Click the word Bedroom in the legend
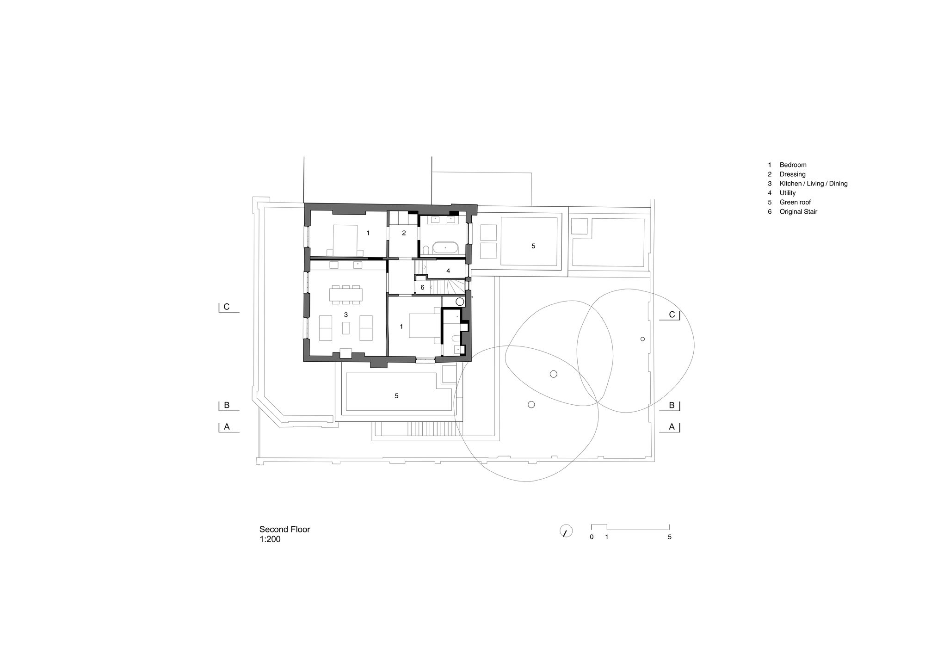click(793, 165)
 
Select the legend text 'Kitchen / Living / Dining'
click(814, 184)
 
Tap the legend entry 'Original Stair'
click(798, 212)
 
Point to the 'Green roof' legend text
click(795, 202)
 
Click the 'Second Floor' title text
click(284, 530)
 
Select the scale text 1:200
click(270, 539)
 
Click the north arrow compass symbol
click(565, 531)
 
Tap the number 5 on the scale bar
click(669, 537)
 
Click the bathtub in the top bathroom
click(445, 248)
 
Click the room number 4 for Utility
click(448, 271)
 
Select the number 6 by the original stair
click(422, 287)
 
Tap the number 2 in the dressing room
click(404, 233)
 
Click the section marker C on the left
click(227, 307)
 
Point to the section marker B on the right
click(672, 406)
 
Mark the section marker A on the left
click(227, 427)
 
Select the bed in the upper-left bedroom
click(345, 240)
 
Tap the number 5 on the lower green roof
click(396, 396)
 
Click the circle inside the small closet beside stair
click(459, 302)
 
